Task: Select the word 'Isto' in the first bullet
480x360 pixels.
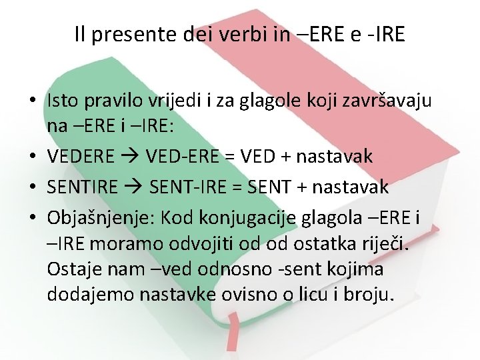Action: point(63,101)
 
